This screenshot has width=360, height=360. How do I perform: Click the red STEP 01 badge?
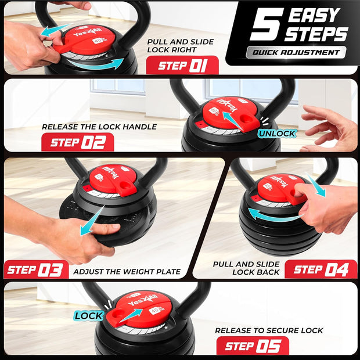coord(182,64)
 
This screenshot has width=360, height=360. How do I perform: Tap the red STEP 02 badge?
coord(77,142)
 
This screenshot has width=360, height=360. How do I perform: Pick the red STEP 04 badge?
coord(321,269)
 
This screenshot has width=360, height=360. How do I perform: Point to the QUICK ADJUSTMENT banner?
coord(296,52)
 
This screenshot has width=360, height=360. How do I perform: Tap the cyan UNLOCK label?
coord(277,133)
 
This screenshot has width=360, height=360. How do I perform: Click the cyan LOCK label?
coord(89,316)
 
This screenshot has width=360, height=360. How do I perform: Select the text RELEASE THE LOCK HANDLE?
coord(99,126)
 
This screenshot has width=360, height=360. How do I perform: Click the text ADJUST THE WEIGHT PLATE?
coord(127,271)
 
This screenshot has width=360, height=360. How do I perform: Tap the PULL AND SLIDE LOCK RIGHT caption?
coord(180,46)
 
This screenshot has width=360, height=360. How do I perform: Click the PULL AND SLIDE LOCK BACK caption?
coord(246,268)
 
